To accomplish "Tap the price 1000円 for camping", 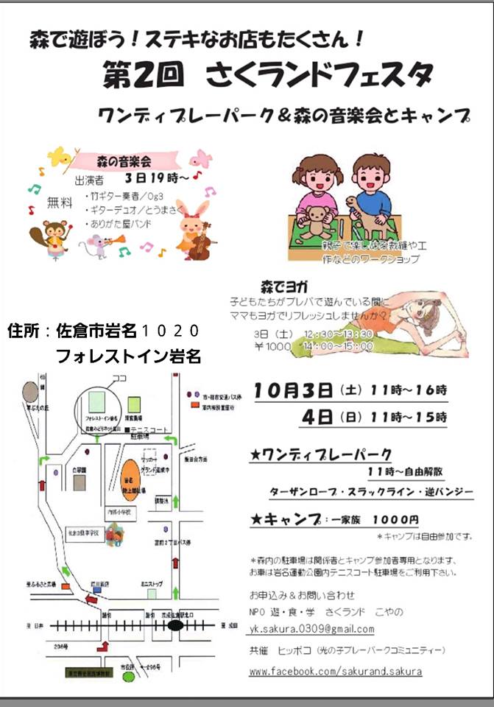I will pyautogui.click(x=395, y=520).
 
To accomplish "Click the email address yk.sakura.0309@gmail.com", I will pyautogui.click(x=311, y=629).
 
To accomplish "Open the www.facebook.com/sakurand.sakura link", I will pyautogui.click(x=335, y=672).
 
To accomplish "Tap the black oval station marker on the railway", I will pyautogui.click(x=175, y=625).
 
